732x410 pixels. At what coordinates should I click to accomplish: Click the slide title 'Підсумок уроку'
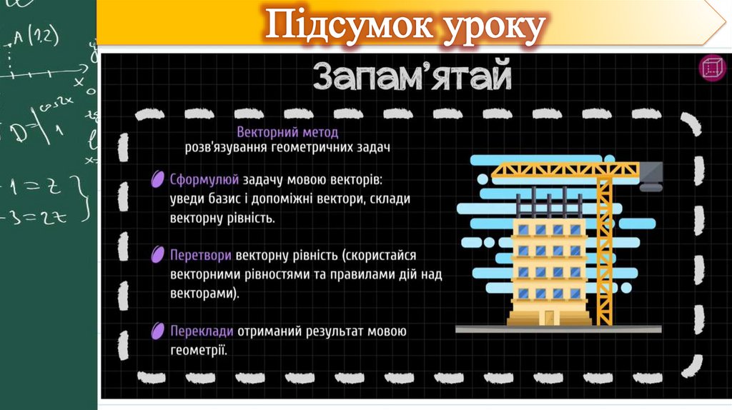click(405, 27)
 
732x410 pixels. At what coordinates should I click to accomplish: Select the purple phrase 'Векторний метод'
click(287, 132)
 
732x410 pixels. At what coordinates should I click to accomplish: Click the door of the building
click(549, 316)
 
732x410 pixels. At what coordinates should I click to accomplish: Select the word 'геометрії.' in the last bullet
click(199, 350)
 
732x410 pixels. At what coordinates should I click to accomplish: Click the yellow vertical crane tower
click(605, 250)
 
